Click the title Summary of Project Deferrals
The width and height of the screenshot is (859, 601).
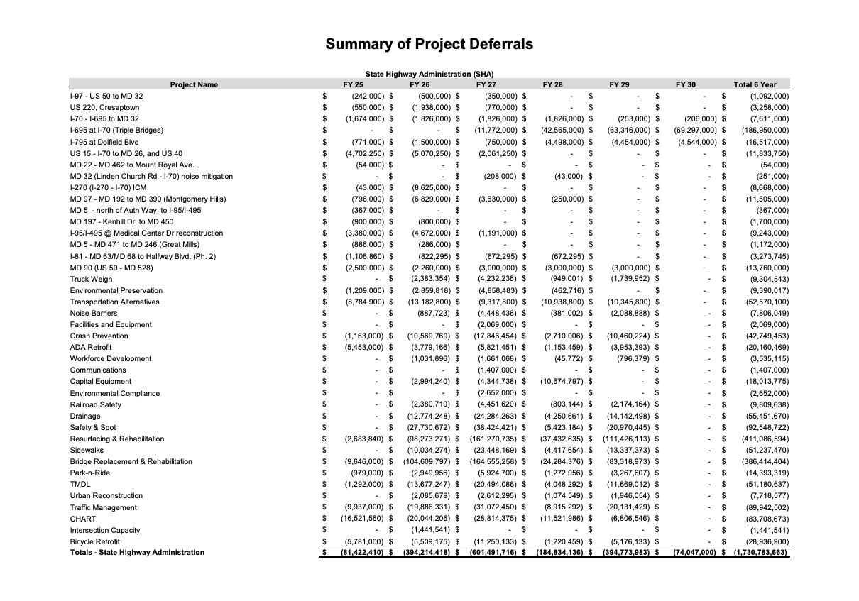point(429,44)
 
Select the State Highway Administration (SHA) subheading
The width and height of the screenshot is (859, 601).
point(429,74)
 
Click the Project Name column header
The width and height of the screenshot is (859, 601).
point(194,84)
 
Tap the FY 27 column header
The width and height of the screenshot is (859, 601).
point(486,84)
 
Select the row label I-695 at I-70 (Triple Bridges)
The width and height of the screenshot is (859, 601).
point(116,131)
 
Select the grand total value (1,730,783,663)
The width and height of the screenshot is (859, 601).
point(760,553)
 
